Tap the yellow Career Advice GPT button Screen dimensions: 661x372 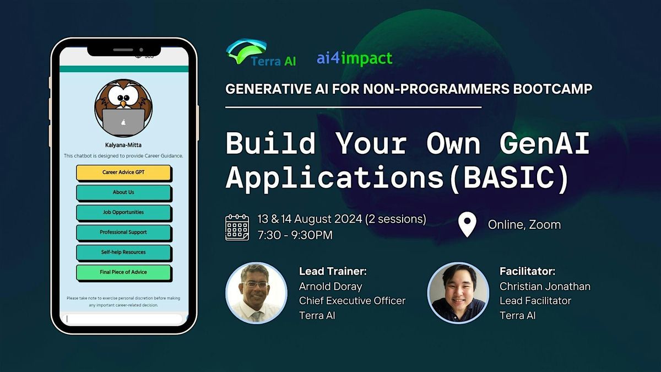(x=123, y=172)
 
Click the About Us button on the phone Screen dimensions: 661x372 (x=123, y=192)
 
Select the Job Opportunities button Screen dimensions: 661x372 (x=123, y=213)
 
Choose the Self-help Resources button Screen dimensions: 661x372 (x=123, y=252)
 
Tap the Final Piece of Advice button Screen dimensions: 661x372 (x=123, y=272)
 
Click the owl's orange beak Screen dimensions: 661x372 (x=123, y=104)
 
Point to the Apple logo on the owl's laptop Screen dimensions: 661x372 (x=123, y=122)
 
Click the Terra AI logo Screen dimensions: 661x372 (x=261, y=52)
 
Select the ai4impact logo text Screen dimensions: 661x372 (x=354, y=58)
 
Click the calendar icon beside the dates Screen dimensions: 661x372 (x=237, y=227)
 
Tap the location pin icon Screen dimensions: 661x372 (x=467, y=224)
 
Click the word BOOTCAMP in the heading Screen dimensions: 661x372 (x=552, y=89)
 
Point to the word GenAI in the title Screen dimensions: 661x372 (x=544, y=143)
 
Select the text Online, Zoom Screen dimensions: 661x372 (x=524, y=225)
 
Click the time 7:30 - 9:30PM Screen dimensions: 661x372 (x=295, y=235)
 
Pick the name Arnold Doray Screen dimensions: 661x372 (x=330, y=287)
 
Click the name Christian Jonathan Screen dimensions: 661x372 (x=545, y=287)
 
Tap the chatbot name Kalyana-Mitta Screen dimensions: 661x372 (x=123, y=145)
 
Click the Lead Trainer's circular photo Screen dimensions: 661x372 (x=257, y=293)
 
